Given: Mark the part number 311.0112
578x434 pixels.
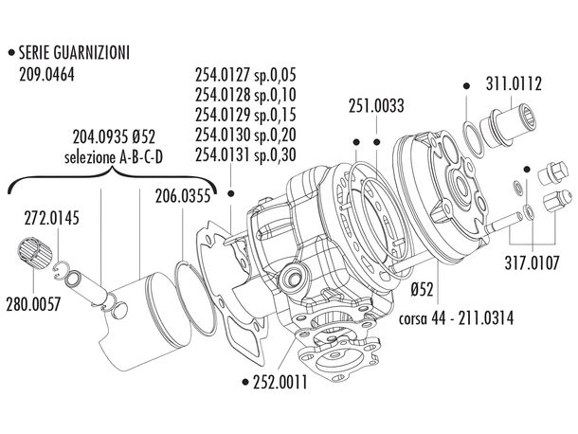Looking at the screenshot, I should [513, 84].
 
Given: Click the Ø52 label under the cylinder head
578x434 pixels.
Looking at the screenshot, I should [423, 287].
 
